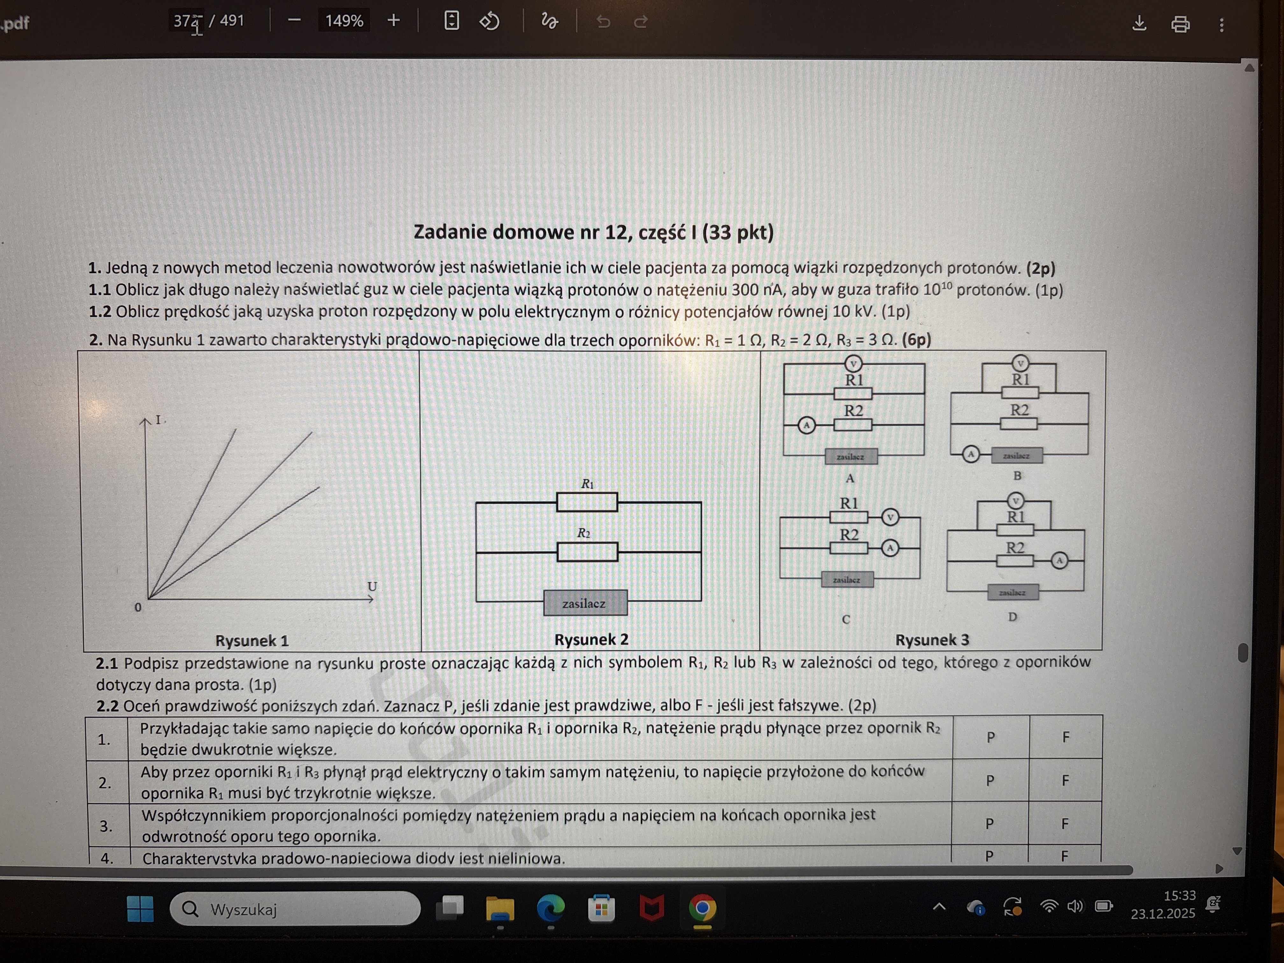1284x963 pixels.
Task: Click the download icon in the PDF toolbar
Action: pos(1139,23)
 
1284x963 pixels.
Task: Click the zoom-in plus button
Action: pos(394,21)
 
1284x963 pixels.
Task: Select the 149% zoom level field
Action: pos(344,21)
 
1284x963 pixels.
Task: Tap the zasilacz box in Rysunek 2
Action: pos(585,603)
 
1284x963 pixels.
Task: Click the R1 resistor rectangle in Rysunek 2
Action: pos(587,502)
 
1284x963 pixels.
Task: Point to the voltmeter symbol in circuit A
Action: pos(853,364)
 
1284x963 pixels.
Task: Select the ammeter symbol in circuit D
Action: pos(1059,561)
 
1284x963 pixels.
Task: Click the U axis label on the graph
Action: pos(372,586)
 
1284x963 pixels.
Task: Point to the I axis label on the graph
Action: pos(158,420)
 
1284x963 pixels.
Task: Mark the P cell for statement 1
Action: pos(990,737)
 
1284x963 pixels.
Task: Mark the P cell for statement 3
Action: pos(990,824)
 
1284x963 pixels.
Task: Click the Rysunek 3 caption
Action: pos(932,640)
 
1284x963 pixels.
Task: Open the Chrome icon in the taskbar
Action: pos(703,909)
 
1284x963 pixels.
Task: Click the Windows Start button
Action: pos(140,909)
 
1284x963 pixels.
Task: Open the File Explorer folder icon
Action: pos(500,909)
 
